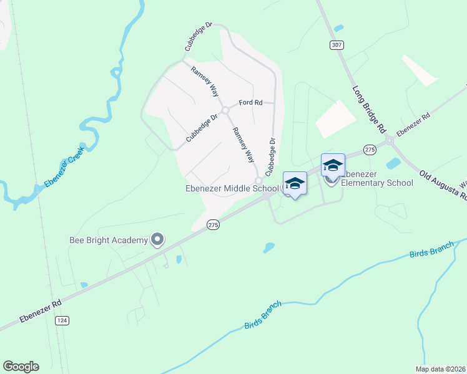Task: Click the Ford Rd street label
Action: pyautogui.click(x=250, y=103)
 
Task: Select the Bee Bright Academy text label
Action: pyautogui.click(x=108, y=240)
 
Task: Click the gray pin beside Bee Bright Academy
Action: pyautogui.click(x=157, y=239)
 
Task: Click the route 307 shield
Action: pyautogui.click(x=337, y=45)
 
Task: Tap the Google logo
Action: pyautogui.click(x=21, y=367)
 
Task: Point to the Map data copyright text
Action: pyautogui.click(x=441, y=369)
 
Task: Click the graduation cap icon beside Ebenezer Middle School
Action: pyautogui.click(x=295, y=183)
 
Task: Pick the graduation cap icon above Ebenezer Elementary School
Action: pyautogui.click(x=333, y=165)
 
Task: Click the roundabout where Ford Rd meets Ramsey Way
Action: pyautogui.click(x=225, y=110)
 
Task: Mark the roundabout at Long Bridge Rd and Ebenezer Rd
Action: pyautogui.click(x=390, y=140)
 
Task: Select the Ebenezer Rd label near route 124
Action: pyautogui.click(x=40, y=310)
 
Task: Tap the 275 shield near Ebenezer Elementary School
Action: pyautogui.click(x=370, y=150)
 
